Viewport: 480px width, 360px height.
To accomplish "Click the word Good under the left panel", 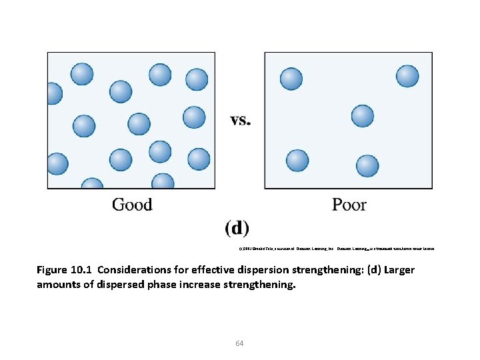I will tap(132, 204).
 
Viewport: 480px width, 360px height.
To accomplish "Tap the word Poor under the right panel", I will tap(349, 204).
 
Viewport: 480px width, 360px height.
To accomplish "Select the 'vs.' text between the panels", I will tap(241, 121).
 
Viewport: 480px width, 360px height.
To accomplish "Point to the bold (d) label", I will tap(237, 228).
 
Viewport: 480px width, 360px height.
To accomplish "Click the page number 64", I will tap(239, 343).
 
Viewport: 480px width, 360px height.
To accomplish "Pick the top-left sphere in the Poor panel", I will tap(291, 78).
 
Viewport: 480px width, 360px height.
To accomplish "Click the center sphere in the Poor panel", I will tap(363, 116).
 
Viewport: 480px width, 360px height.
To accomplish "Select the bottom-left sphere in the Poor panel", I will tap(297, 161).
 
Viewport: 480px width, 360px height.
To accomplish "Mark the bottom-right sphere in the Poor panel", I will tap(367, 166).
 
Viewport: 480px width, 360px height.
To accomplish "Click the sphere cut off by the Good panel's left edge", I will tap(51, 93).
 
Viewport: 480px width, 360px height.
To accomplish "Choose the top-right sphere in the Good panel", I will tap(197, 79).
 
